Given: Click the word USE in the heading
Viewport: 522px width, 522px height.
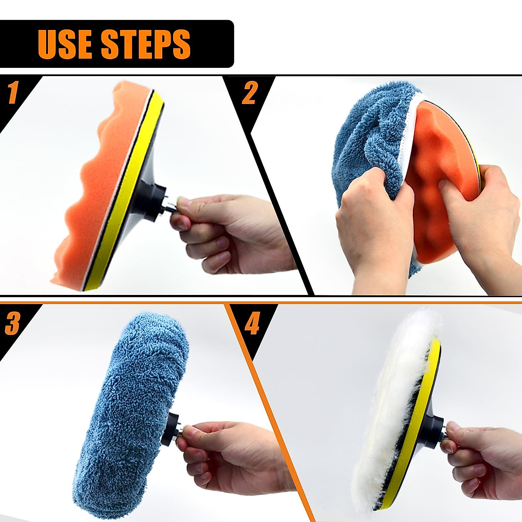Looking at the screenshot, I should coord(64,44).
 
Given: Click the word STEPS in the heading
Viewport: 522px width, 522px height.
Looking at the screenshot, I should coord(146,44).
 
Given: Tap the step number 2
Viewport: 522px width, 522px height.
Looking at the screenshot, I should coord(249,93).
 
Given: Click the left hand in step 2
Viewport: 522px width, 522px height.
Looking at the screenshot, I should coord(374,226).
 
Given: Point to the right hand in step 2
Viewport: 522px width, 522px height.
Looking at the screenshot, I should coord(483,209).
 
